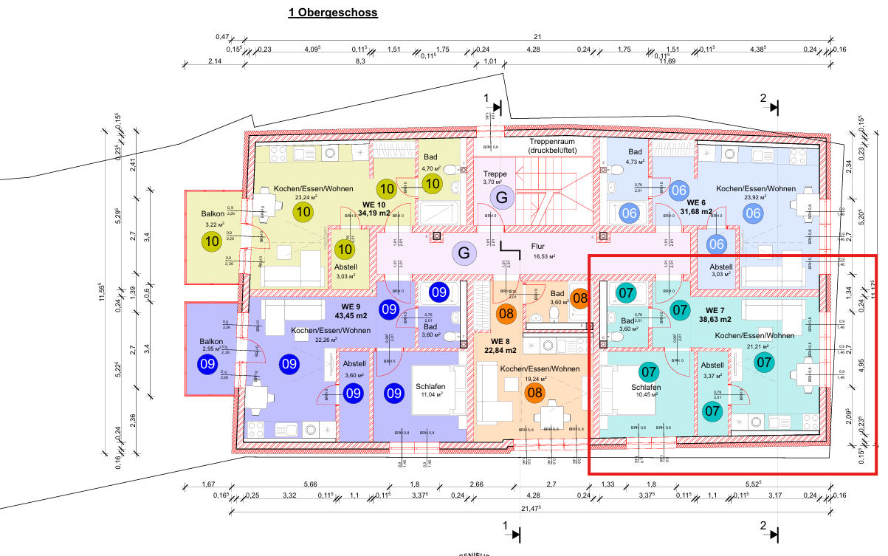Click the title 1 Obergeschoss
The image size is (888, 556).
(333, 13)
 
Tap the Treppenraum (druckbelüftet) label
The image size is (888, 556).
(562, 145)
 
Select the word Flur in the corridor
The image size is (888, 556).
(537, 247)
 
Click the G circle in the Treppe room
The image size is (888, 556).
(502, 198)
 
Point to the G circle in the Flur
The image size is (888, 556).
(464, 253)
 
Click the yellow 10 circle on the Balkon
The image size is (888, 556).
(212, 241)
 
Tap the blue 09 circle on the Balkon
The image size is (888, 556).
(207, 363)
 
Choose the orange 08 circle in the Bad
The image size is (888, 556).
(580, 299)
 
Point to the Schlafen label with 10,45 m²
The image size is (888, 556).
(645, 391)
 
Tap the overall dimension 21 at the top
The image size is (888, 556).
(537, 37)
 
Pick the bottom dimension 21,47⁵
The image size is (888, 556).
(530, 509)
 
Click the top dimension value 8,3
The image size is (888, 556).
(360, 61)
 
